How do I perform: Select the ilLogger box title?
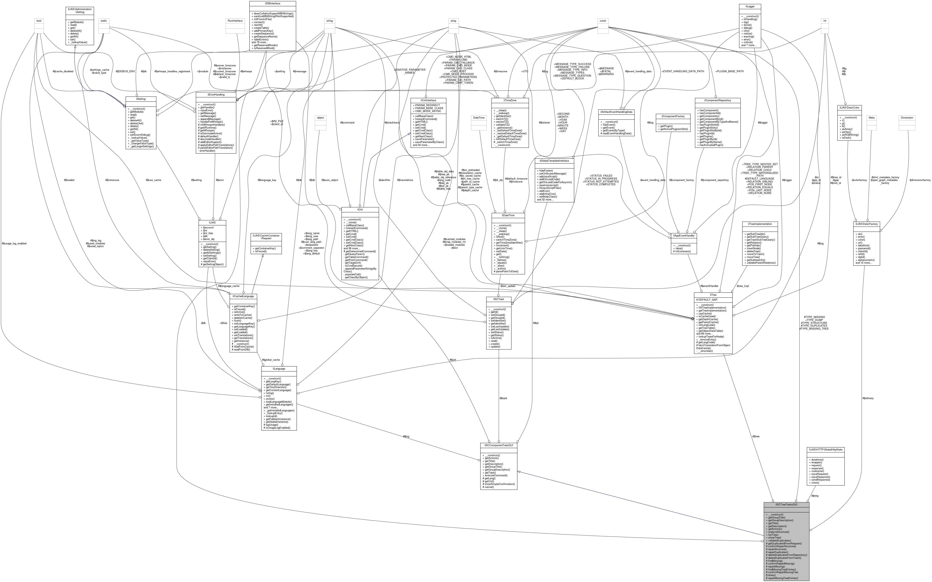[749, 6]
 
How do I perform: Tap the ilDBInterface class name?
[273, 3]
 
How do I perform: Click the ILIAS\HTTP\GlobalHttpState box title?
[825, 449]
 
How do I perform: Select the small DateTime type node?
[479, 118]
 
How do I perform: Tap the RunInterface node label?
[235, 21]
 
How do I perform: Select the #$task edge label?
[503, 398]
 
